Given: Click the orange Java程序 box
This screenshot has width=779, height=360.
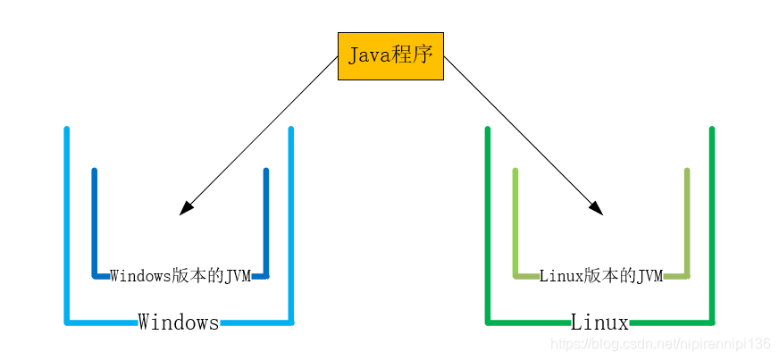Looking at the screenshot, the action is coord(390,56).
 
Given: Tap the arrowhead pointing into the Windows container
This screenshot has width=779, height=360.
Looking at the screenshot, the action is coord(186,208).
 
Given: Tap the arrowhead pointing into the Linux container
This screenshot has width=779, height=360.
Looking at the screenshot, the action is coord(596,208).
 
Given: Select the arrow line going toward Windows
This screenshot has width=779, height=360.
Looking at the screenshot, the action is coord(258,136).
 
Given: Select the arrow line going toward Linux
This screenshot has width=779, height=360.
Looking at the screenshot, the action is coord(524,136).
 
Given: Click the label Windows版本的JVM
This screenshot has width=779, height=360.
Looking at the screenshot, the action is coord(180,276).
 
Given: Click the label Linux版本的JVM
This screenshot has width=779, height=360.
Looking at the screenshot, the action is coord(601,276).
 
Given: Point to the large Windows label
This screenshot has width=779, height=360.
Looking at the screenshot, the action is coord(179,322).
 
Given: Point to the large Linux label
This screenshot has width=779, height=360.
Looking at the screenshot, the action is coord(599,322).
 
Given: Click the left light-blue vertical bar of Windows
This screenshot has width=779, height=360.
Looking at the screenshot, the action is coord(67,226).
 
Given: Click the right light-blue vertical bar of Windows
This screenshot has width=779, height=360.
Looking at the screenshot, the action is coord(291,226).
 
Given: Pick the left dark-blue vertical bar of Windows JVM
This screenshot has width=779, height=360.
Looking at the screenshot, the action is coord(95,223).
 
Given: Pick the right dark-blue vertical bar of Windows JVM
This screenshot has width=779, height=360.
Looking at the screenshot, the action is coord(266,223).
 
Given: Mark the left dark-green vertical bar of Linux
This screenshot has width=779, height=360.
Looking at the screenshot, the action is coord(488,226).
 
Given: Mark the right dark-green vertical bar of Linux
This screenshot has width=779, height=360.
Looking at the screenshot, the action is coord(712,226).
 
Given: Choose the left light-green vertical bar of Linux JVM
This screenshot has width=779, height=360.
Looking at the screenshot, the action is coord(515,223).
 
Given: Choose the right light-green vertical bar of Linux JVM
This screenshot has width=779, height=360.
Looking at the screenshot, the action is coord(687,223).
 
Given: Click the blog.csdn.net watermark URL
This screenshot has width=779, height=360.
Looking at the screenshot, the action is coord(661,344).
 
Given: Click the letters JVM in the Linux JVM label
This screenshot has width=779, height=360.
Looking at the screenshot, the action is coord(649,276).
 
